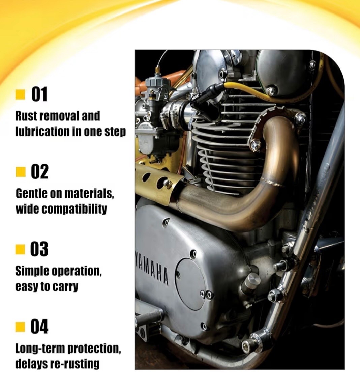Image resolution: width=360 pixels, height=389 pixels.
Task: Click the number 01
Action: pos(39,94)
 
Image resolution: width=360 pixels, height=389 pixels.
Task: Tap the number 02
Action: pos(39,172)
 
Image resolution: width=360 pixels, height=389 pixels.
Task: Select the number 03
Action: pos(39,249)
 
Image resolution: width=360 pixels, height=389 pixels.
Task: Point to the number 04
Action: pos(39,327)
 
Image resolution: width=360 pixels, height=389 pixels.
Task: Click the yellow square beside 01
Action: pos(20,94)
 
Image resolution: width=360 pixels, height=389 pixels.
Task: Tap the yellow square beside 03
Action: pos(20,249)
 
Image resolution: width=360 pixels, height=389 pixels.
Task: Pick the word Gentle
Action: pos(31,194)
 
